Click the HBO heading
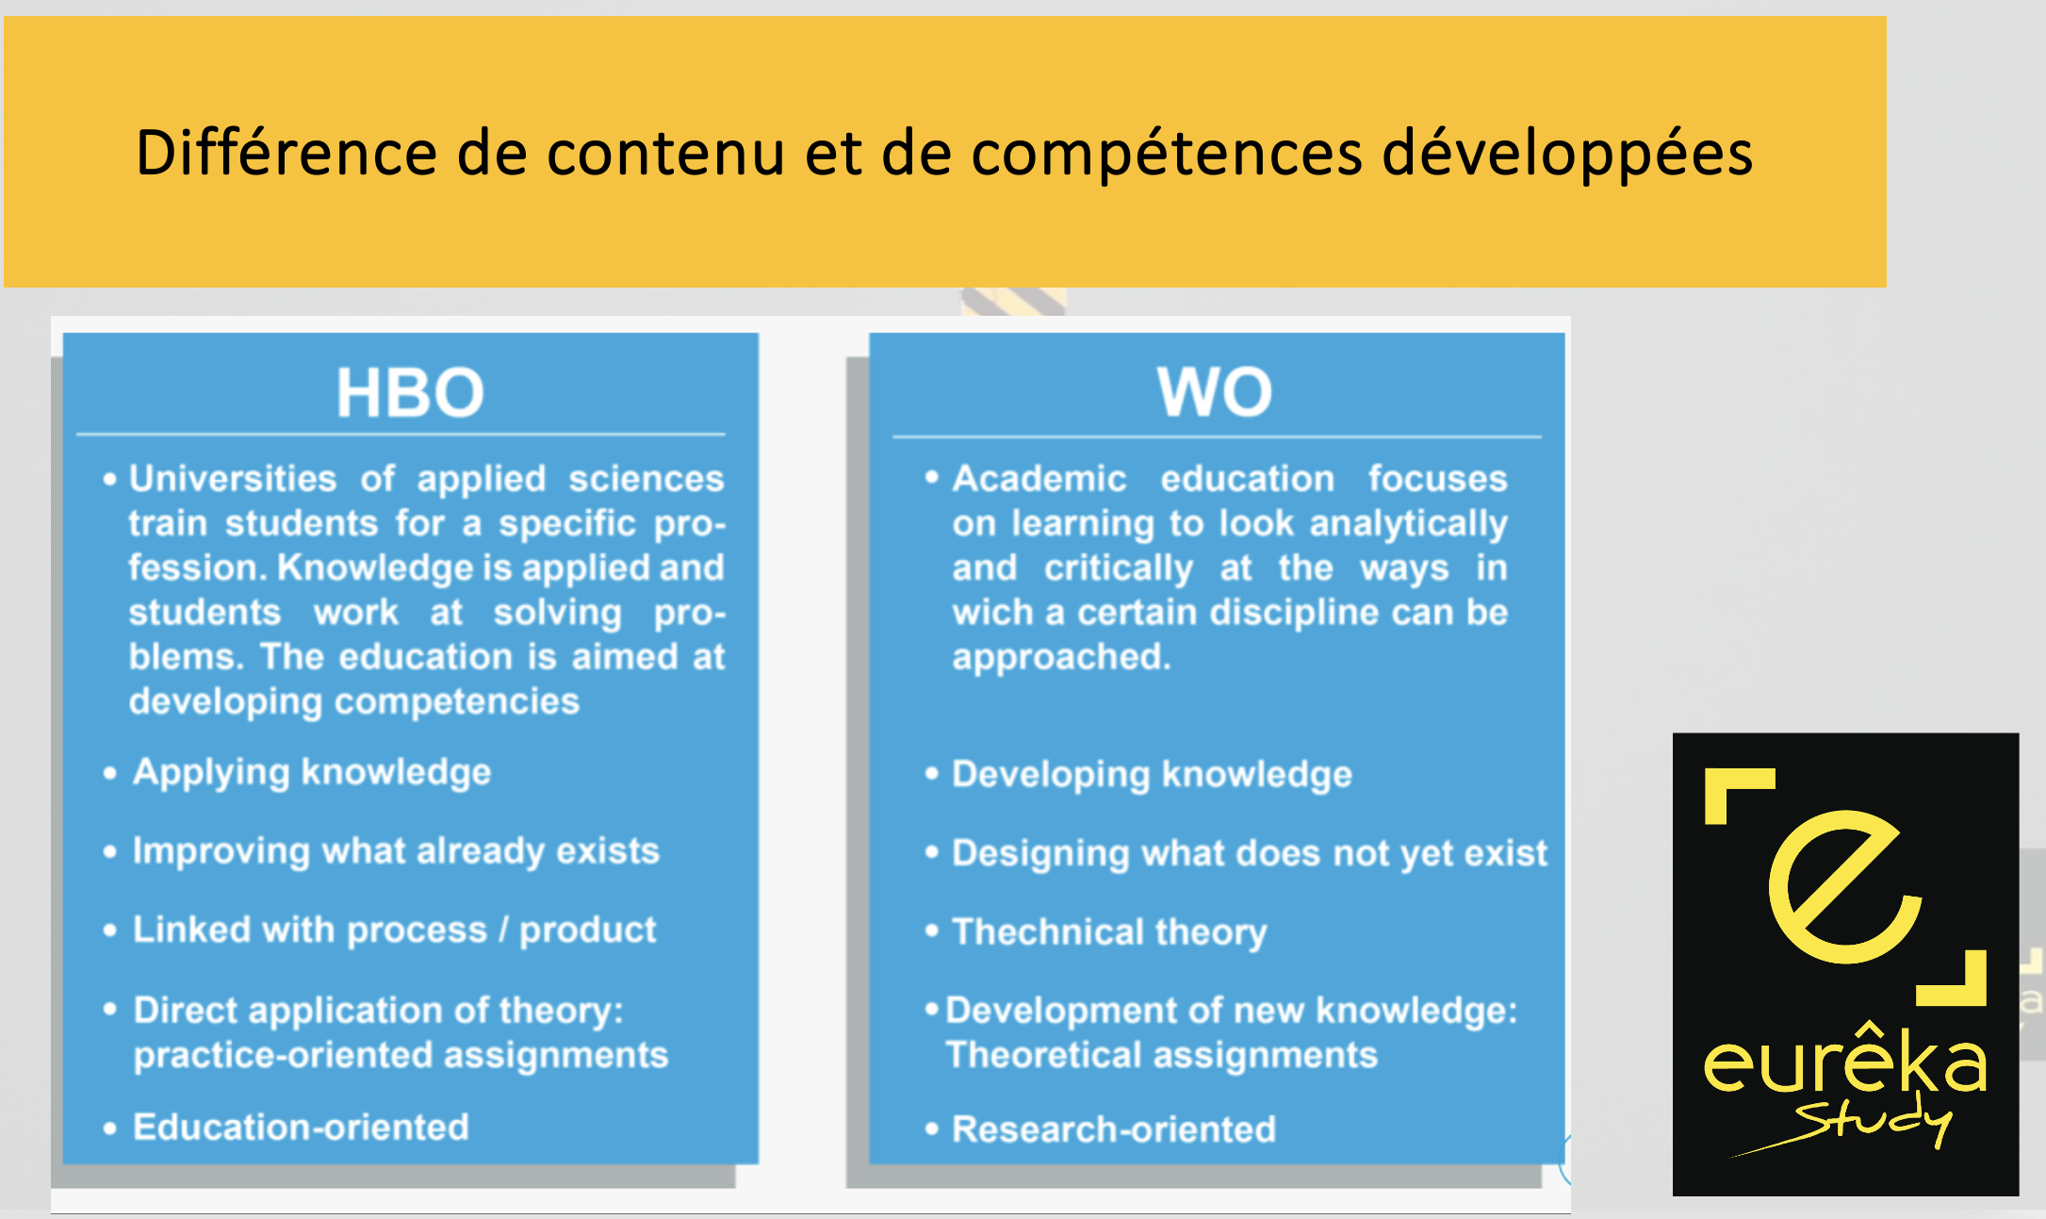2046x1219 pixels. tap(410, 392)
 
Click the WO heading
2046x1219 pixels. tap(1215, 391)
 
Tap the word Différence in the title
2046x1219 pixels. tap(286, 152)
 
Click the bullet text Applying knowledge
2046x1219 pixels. tap(312, 773)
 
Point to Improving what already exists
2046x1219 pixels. tap(396, 851)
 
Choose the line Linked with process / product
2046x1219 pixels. tap(394, 931)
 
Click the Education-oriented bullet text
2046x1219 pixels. tap(301, 1128)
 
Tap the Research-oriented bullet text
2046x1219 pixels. tap(1114, 1129)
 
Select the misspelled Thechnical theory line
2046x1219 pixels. tap(1109, 932)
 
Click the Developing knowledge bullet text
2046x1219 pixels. tap(1152, 775)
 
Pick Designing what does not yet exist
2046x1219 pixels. tap(1250, 854)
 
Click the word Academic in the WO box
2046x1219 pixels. tap(1039, 479)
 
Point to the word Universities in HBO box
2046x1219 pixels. tap(233, 479)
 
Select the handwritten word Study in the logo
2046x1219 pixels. tap(1871, 1123)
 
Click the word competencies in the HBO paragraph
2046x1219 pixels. tap(457, 702)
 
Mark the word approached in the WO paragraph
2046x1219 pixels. tap(1061, 657)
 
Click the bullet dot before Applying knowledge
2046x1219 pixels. tap(110, 774)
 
